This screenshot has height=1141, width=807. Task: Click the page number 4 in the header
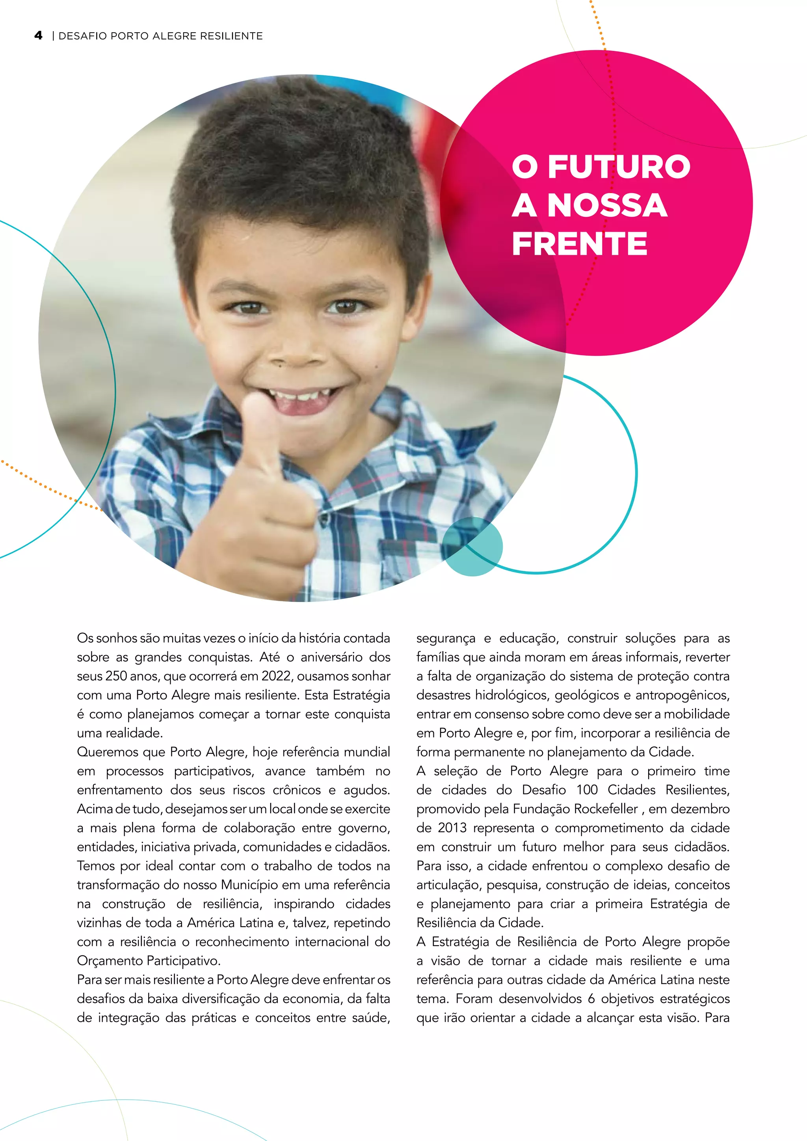pos(38,35)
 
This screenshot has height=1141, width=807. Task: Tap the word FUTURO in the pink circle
pos(619,167)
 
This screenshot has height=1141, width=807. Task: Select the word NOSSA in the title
pos(607,205)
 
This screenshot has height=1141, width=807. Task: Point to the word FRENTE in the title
pos(579,243)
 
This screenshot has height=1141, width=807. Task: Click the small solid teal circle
pos(472,546)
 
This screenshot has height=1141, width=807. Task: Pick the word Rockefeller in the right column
pos(606,808)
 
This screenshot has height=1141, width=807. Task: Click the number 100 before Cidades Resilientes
pos(587,790)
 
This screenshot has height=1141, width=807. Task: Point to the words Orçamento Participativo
pos(148,961)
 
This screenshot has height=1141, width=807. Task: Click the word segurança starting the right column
pos(446,638)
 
